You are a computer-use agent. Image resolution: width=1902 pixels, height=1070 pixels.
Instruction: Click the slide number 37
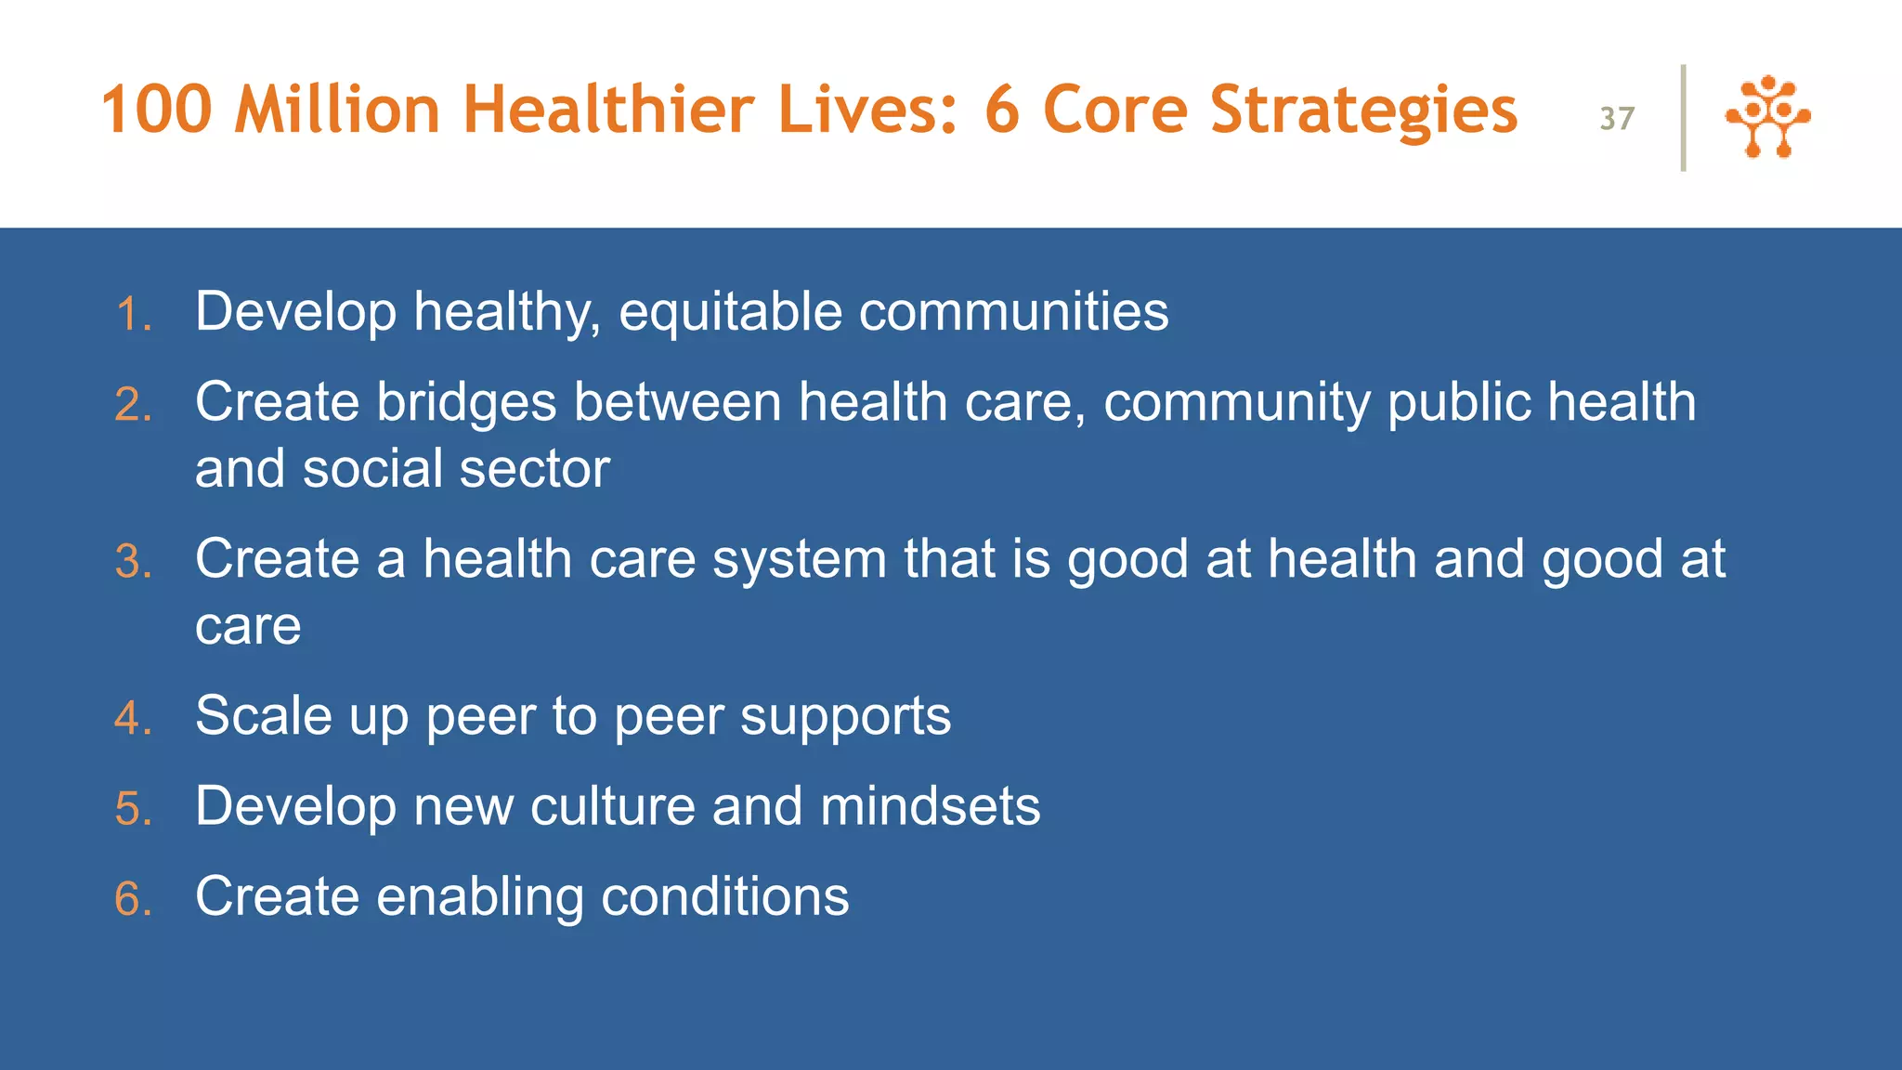1617,119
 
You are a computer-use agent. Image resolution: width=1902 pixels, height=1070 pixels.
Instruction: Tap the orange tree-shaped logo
1767,117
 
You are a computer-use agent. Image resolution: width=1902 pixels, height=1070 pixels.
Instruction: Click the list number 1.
134,315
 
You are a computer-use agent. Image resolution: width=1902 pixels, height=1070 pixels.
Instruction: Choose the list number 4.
134,719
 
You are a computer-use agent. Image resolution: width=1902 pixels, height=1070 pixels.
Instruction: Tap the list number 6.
134,899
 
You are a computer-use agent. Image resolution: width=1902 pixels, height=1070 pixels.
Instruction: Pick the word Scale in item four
263,716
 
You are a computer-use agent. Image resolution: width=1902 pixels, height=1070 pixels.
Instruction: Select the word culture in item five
612,806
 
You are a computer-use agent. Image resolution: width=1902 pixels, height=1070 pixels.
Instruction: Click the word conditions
724,896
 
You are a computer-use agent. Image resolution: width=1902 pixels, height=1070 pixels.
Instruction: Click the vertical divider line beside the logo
1683,118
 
